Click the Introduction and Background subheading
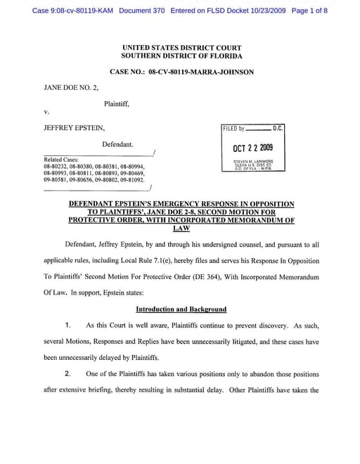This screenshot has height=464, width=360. click(x=181, y=309)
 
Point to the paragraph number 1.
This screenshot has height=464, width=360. click(x=67, y=326)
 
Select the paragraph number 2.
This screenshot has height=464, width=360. click(x=67, y=373)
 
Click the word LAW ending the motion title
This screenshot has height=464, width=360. click(x=181, y=228)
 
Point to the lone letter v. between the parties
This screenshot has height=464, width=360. click(x=46, y=111)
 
